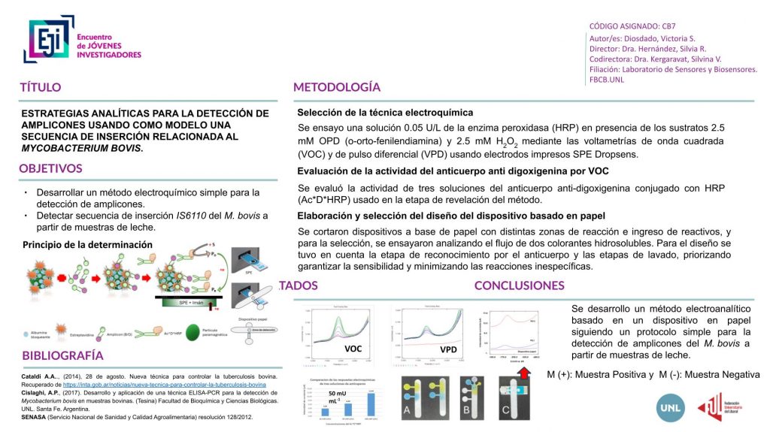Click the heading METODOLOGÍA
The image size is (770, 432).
click(336, 87)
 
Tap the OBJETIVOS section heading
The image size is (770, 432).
click(51, 168)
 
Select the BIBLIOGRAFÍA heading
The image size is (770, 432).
click(63, 355)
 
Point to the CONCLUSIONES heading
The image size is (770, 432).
click(519, 285)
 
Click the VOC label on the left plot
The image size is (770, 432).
click(353, 349)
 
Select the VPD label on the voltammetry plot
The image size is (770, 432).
click(448, 349)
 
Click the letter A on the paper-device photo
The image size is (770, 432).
click(407, 410)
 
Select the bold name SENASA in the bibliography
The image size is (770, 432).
click(33, 416)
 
